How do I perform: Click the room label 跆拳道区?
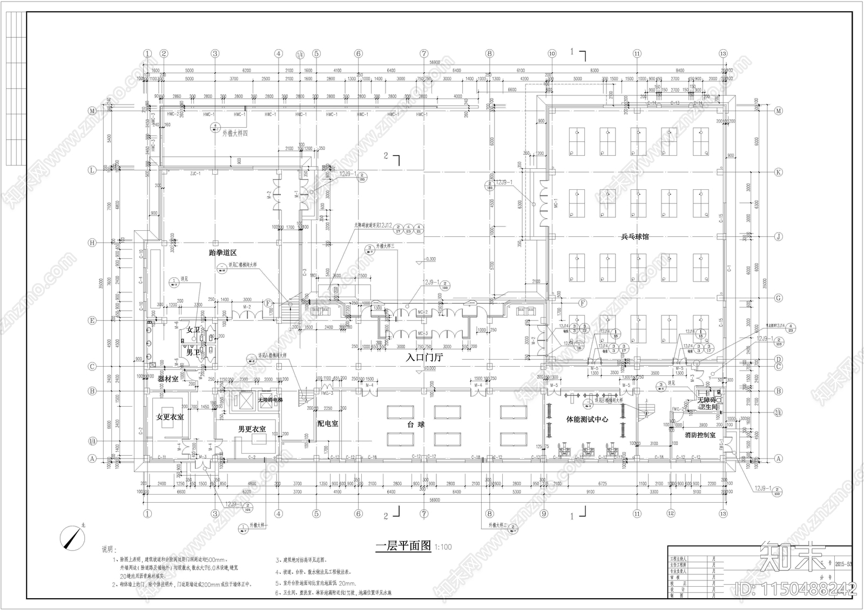point(223,252)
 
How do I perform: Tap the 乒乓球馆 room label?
point(634,237)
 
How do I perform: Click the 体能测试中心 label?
point(586,419)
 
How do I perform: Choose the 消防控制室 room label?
point(700,435)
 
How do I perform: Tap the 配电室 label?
point(328,424)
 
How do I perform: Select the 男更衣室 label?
point(252,429)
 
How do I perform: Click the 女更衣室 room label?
point(170,417)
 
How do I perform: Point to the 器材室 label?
point(168,379)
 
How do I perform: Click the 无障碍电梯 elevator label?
point(270,400)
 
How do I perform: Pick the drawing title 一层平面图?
point(403,546)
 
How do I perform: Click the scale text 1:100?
point(443,547)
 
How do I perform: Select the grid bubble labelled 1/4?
point(300,54)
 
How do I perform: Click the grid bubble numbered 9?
point(544,514)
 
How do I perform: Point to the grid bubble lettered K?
point(778,172)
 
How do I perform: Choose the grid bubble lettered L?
point(92,170)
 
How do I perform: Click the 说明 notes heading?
point(108,550)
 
